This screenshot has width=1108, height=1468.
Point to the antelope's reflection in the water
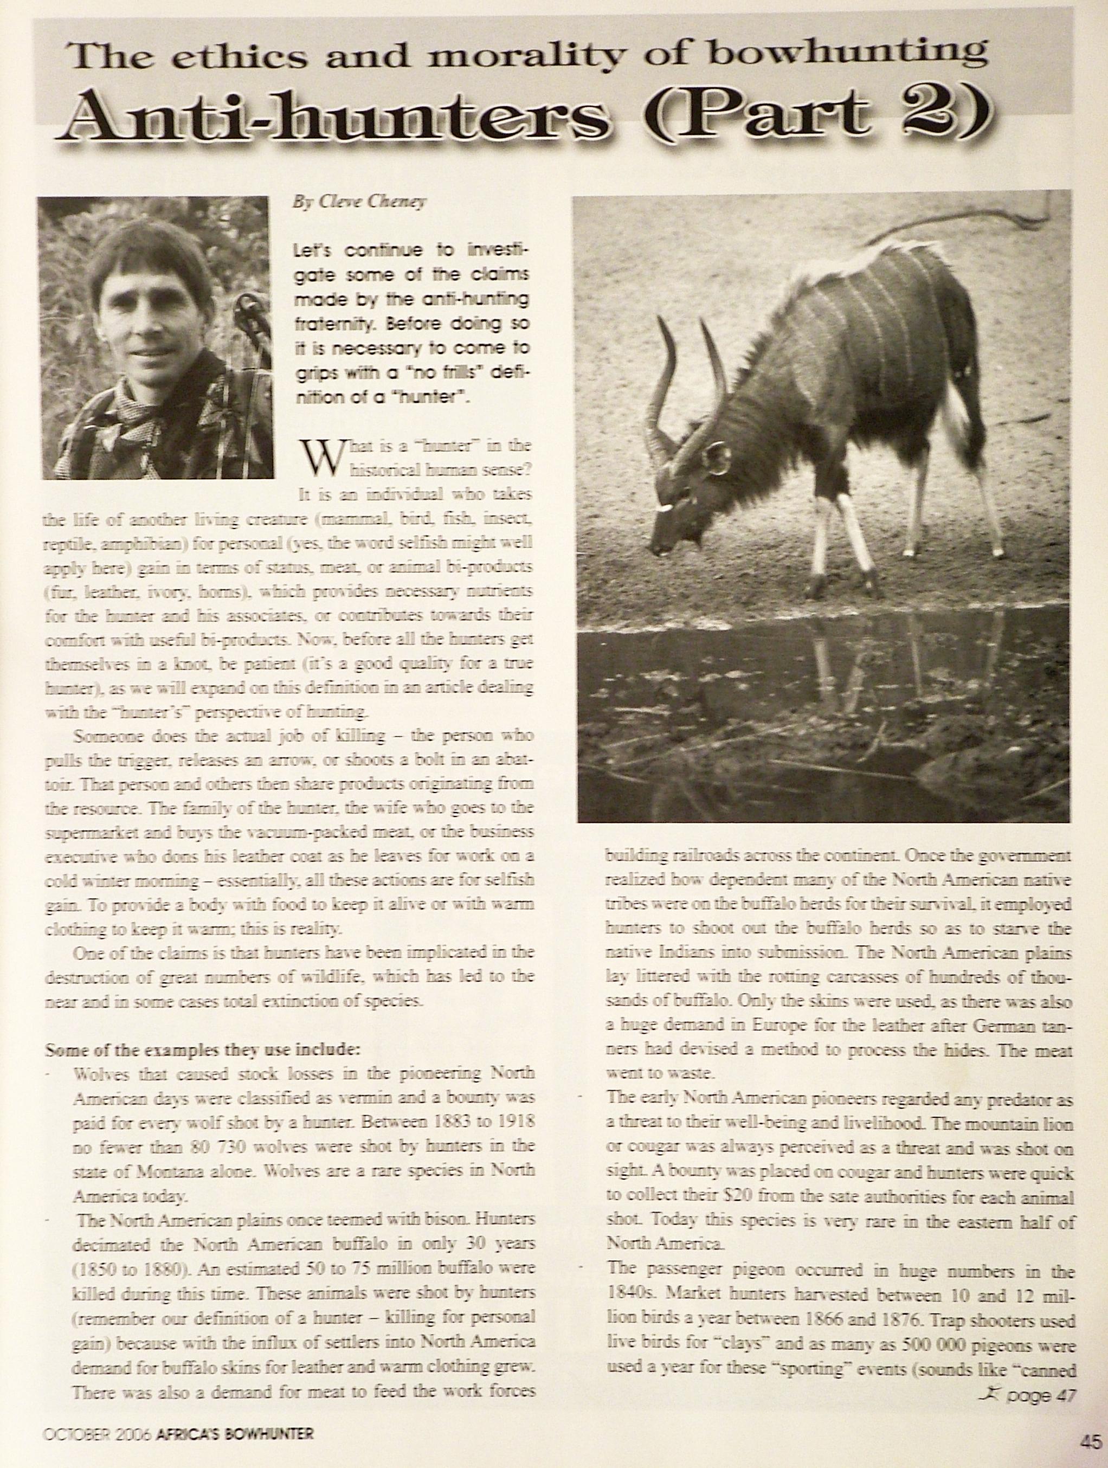point(862,670)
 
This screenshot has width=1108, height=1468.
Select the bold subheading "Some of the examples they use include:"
point(202,1051)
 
